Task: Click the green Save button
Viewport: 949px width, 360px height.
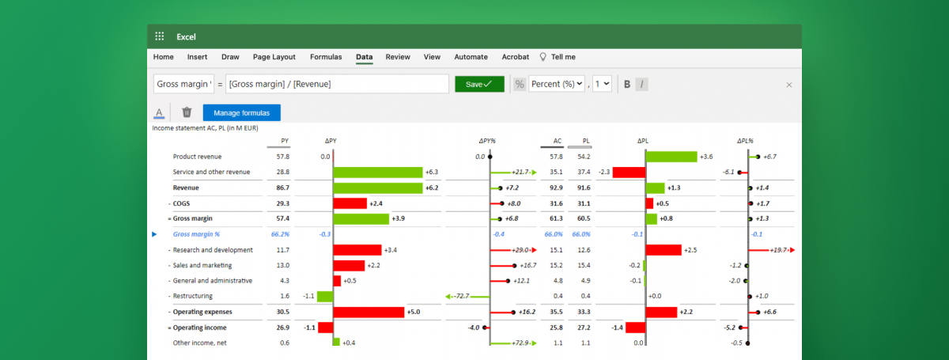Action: click(x=479, y=84)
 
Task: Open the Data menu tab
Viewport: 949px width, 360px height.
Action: click(x=364, y=57)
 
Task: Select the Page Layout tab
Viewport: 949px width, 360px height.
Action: click(x=274, y=57)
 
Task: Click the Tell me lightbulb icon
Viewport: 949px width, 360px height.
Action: click(x=543, y=57)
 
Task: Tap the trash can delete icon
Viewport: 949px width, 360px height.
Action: click(x=187, y=112)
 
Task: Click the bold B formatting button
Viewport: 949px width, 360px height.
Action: click(x=627, y=84)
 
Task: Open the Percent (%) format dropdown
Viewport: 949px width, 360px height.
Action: click(x=557, y=84)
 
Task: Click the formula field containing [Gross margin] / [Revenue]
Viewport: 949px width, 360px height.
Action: click(x=337, y=84)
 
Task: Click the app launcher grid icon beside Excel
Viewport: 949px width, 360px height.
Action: click(x=160, y=36)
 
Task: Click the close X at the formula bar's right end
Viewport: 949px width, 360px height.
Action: click(x=788, y=84)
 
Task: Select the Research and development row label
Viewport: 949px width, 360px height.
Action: click(x=213, y=250)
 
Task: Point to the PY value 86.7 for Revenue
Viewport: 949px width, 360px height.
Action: click(x=282, y=188)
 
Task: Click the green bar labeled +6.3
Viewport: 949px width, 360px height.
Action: click(x=378, y=172)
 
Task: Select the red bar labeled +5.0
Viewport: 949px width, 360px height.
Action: click(x=369, y=312)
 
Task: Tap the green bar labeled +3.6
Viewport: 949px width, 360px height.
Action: click(x=671, y=157)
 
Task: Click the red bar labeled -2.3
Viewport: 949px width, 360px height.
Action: click(x=630, y=172)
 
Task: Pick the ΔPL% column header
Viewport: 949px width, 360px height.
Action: click(x=747, y=141)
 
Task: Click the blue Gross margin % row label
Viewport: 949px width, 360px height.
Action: click(x=196, y=234)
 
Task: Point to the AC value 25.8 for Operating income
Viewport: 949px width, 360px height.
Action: click(x=556, y=328)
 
